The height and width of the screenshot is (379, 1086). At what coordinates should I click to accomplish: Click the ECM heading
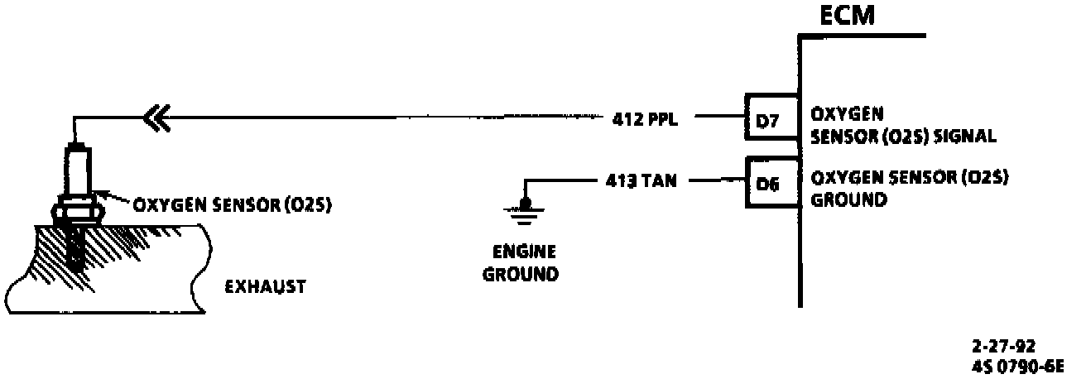click(845, 17)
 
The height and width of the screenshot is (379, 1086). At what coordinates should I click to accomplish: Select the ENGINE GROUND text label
click(520, 263)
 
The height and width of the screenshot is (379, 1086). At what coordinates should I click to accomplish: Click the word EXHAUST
click(265, 287)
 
